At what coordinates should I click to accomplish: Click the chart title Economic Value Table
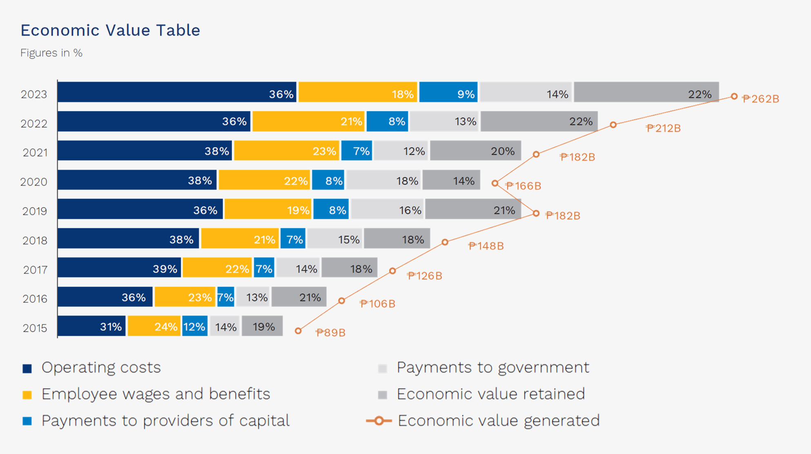[x=110, y=30]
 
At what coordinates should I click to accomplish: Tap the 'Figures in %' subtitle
[x=51, y=53]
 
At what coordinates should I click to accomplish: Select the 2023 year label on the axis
[x=34, y=94]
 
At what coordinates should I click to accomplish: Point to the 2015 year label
[x=35, y=328]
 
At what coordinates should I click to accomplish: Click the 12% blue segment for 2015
[x=194, y=326]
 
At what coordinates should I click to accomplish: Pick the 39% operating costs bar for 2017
[x=119, y=268]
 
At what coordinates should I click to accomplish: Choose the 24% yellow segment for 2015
[x=154, y=326]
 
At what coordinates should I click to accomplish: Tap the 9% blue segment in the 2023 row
[x=448, y=92]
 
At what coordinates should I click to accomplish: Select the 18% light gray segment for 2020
[x=383, y=180]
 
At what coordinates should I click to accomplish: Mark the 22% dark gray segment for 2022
[x=539, y=121]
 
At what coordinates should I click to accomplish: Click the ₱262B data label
[x=760, y=99]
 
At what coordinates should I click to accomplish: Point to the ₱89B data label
[x=331, y=333]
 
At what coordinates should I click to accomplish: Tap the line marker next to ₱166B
[x=495, y=183]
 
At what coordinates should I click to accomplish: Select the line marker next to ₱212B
[x=613, y=125]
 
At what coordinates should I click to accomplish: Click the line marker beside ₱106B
[x=341, y=301]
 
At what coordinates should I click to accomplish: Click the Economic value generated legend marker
[x=379, y=420]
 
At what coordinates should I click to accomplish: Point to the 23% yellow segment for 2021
[x=286, y=151]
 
